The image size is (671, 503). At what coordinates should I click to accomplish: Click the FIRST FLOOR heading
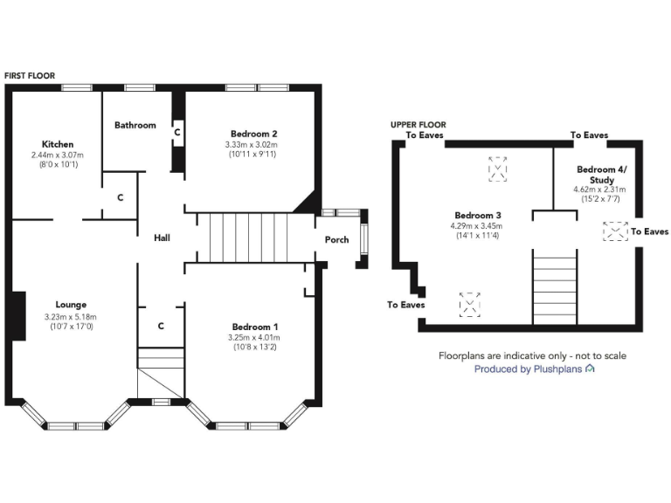[x=29, y=76]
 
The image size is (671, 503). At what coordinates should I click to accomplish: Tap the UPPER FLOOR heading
[x=418, y=125]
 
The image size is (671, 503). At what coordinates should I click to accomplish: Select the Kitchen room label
[x=58, y=144]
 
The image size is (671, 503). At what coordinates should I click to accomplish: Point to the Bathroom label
[x=135, y=125]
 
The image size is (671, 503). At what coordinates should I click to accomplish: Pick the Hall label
[x=162, y=238]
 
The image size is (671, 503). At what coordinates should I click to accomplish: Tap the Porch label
[x=336, y=240]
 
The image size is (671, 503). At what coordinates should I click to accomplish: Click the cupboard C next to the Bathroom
[x=177, y=132]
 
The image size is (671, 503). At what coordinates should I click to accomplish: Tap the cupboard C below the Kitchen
[x=120, y=197]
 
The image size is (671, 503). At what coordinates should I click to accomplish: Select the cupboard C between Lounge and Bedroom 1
[x=162, y=326]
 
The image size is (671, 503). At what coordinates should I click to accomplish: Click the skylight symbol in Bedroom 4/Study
[x=614, y=231]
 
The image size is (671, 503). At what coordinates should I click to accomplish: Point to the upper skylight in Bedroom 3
[x=497, y=169]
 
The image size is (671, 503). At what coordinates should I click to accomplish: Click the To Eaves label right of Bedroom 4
[x=649, y=231]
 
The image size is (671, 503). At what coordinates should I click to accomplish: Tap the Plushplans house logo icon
[x=591, y=369]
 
